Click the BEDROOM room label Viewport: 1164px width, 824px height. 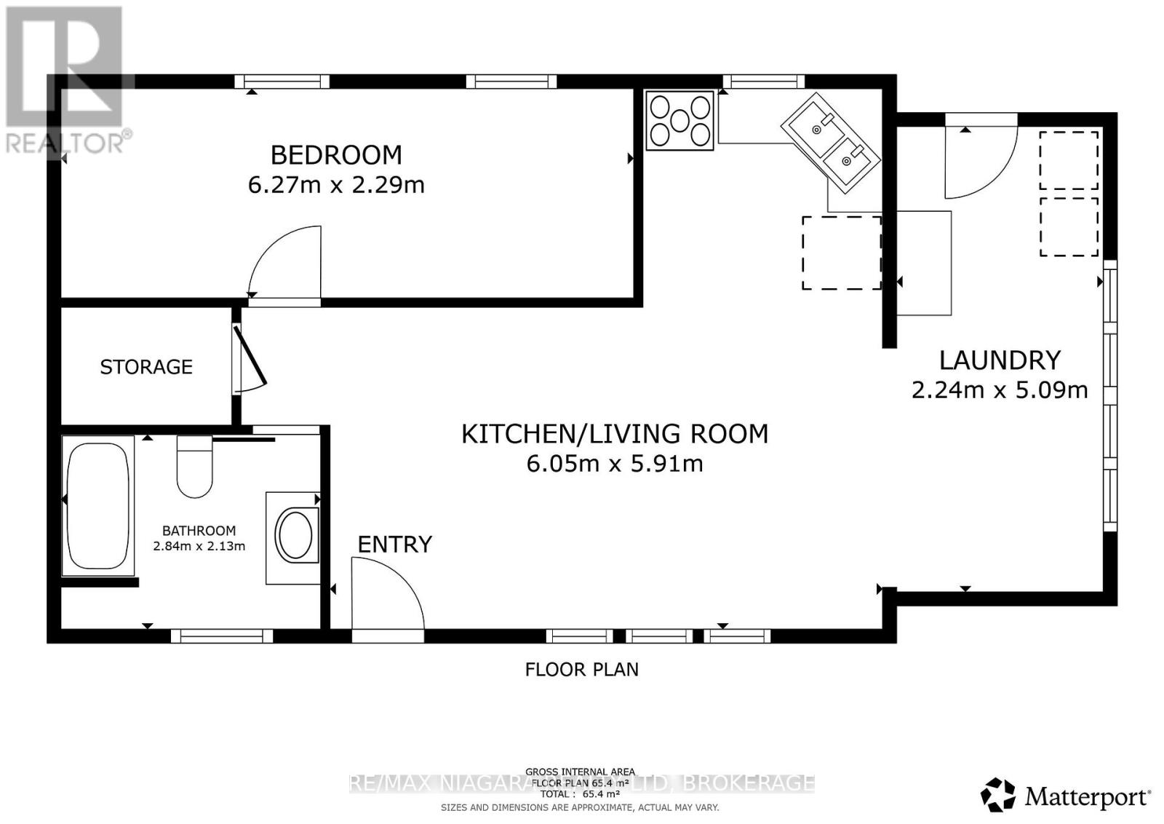point(336,155)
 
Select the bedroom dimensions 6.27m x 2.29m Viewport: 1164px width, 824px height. point(336,185)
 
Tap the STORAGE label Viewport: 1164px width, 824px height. point(146,367)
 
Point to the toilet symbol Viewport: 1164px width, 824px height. point(194,466)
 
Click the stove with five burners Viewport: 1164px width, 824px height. point(679,120)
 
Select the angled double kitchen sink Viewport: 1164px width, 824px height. point(831,143)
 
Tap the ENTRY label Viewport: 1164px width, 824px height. point(394,544)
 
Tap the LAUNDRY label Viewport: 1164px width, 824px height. point(1000,360)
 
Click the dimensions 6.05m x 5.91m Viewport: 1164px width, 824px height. point(615,464)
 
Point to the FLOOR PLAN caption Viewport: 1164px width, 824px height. point(581,670)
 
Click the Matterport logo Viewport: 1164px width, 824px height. point(1066,796)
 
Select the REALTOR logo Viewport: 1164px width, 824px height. point(66,80)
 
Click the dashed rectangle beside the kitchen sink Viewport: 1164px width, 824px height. point(842,253)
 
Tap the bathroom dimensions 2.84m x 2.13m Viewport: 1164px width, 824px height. point(199,546)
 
